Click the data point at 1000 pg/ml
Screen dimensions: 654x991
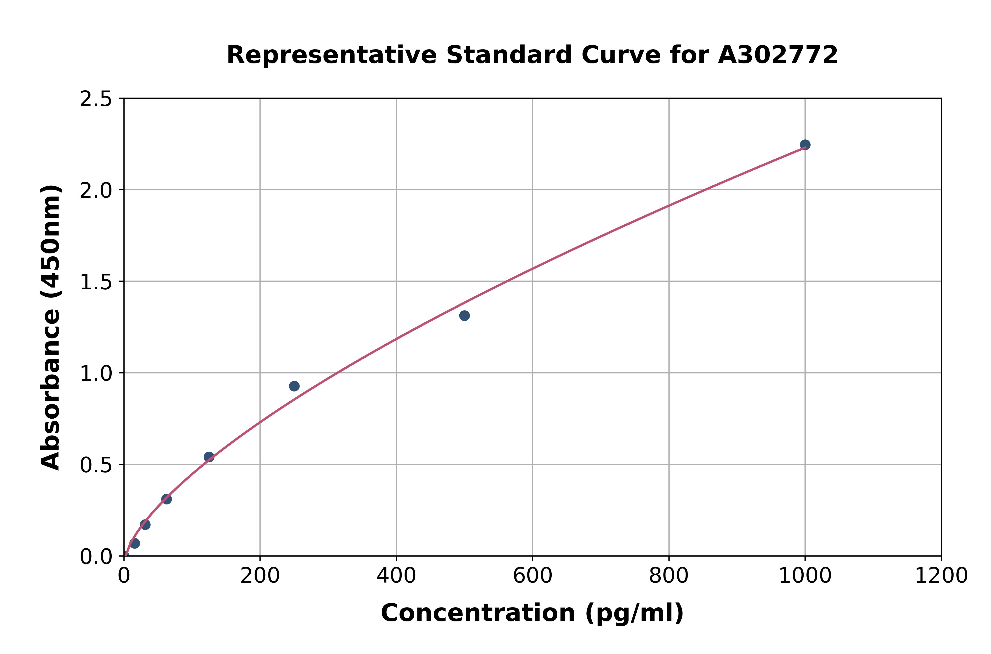coord(805,145)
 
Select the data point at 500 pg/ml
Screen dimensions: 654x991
coord(464,316)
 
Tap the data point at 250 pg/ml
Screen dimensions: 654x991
coord(294,386)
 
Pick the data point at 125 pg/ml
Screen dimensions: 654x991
coord(209,457)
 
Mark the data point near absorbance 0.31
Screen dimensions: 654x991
coord(166,499)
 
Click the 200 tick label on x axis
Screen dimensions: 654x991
coord(260,576)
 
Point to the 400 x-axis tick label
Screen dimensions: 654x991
coord(396,576)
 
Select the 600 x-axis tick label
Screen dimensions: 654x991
coord(533,576)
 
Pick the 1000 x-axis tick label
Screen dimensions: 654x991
coord(805,576)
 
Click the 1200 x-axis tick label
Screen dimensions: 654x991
coord(941,576)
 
